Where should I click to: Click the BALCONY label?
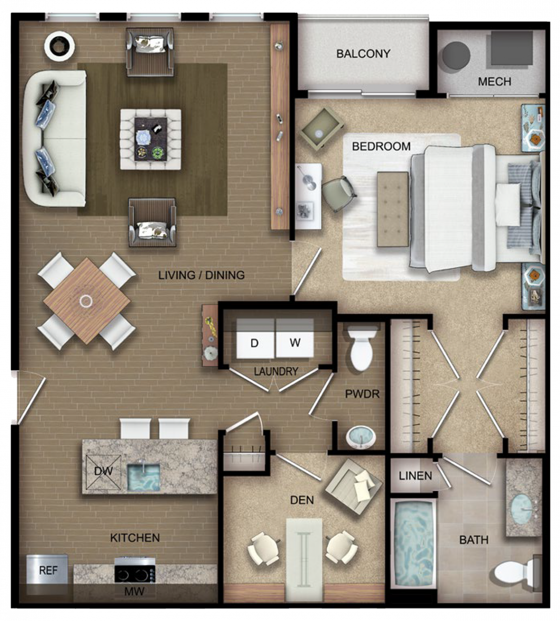(x=363, y=54)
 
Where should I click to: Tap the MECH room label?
(x=494, y=82)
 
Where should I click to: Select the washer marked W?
(x=294, y=339)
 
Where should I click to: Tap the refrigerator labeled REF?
(x=48, y=571)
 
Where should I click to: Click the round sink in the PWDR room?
(x=361, y=438)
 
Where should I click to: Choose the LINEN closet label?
(x=415, y=476)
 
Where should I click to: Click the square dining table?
(x=87, y=301)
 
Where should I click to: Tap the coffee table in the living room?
(x=151, y=139)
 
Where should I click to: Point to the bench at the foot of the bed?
(x=393, y=209)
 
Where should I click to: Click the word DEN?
(x=302, y=500)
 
